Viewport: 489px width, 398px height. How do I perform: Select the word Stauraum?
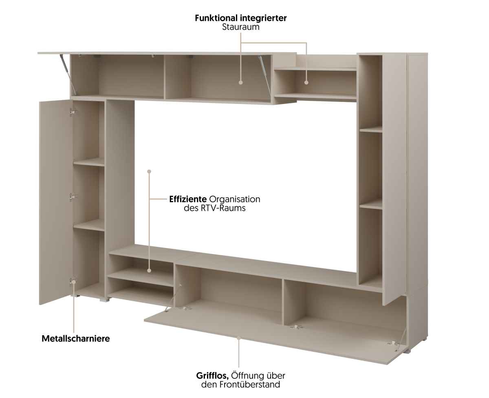[x=241, y=27]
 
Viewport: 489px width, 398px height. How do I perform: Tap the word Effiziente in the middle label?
[x=188, y=199]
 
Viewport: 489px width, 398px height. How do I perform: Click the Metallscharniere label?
[x=76, y=338]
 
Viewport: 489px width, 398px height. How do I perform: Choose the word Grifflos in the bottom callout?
[x=212, y=375]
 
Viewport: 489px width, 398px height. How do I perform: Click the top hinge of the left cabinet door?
[x=73, y=111]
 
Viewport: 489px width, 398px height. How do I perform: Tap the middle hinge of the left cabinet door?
[x=73, y=197]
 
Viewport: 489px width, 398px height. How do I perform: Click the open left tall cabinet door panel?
[x=55, y=200]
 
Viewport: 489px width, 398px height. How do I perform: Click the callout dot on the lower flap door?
[x=239, y=338]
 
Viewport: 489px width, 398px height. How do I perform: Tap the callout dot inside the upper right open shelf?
[x=306, y=82]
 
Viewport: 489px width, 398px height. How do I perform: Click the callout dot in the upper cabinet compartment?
[x=240, y=82]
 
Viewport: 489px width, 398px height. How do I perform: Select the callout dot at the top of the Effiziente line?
[x=149, y=172]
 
